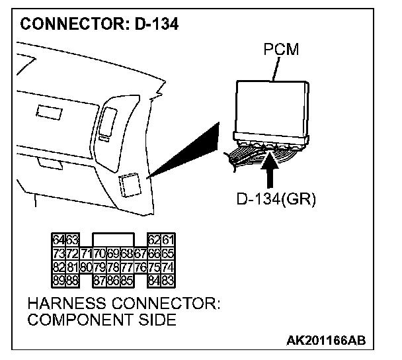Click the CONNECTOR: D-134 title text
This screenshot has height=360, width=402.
tap(99, 25)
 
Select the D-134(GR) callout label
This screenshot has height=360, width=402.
tap(276, 199)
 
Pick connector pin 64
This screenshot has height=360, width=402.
tap(58, 240)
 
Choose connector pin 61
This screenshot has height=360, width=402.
tap(169, 240)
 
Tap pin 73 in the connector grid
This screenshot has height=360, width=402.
tap(58, 253)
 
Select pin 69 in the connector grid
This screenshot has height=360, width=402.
tap(114, 253)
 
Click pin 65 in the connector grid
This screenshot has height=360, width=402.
tap(169, 253)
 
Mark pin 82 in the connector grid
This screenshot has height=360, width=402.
tap(58, 267)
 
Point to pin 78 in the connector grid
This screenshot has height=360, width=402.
tap(114, 267)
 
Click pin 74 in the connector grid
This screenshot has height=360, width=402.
tap(169, 267)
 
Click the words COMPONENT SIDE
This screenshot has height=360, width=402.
tap(102, 322)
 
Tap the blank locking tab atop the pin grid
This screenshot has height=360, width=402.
tap(114, 239)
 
